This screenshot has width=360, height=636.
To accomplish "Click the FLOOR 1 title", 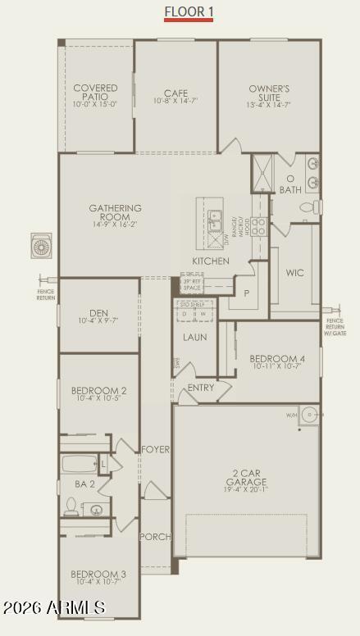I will [189, 11].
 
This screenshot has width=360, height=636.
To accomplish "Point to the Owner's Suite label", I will [269, 96].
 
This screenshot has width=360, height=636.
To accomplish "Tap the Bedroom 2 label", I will [98, 394].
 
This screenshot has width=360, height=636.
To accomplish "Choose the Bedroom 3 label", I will [98, 577].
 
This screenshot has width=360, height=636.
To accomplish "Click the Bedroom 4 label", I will [277, 362].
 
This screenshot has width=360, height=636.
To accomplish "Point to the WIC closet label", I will [295, 273].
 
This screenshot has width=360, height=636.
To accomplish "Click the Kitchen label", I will [211, 261].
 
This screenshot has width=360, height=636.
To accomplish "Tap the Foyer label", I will [155, 450].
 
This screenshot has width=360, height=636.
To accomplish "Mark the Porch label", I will [155, 537].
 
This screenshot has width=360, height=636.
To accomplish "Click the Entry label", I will [201, 388].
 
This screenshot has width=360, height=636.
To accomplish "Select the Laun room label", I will [195, 337].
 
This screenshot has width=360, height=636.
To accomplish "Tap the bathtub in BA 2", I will [79, 464].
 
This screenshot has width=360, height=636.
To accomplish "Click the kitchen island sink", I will [214, 219].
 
